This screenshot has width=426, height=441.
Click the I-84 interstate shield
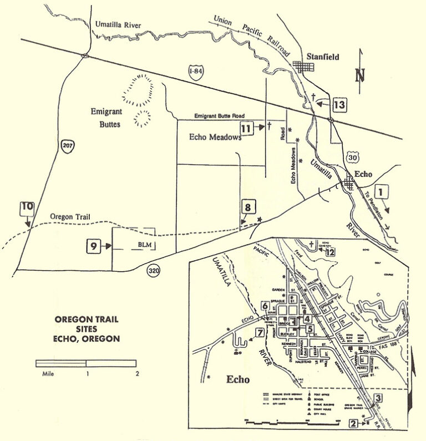coord(194,72)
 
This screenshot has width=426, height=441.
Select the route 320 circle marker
coord(154,271)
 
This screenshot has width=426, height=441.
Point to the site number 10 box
coord(27,209)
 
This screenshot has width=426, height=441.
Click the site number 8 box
coord(248,208)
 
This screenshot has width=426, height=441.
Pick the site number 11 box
coord(247,128)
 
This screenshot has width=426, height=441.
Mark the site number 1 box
coord(382,192)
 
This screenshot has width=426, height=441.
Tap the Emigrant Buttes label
coord(106,118)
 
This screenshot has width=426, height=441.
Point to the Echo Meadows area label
coord(215,137)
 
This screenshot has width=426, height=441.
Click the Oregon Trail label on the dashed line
coord(69,216)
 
